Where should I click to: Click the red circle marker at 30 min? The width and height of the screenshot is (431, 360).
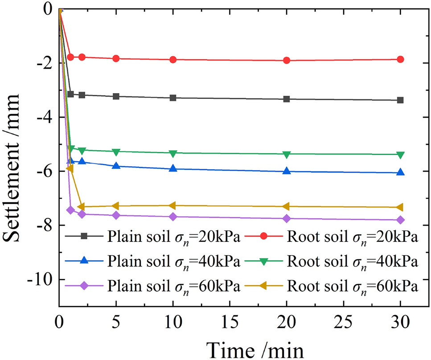click(400, 59)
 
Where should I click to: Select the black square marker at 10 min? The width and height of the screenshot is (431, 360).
click(173, 98)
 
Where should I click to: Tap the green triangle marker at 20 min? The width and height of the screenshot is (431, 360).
click(287, 154)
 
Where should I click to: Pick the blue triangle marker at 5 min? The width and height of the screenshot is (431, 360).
click(116, 166)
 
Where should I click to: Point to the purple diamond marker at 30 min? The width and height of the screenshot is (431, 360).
click(400, 220)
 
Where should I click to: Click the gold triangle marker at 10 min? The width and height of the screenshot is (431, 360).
click(173, 205)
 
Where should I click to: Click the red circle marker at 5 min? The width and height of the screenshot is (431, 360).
click(116, 58)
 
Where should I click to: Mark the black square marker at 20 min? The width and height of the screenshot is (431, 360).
click(287, 99)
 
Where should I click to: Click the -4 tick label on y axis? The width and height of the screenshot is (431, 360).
click(45, 117)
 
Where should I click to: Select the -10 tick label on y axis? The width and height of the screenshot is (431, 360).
click(41, 279)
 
